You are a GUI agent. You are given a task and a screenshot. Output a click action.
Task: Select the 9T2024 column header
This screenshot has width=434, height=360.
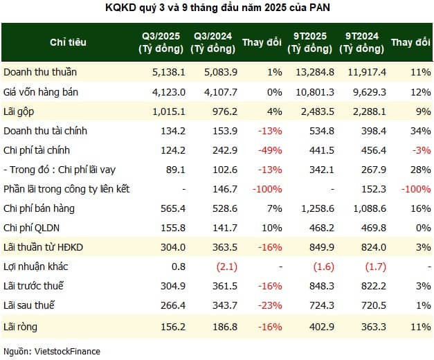click(x=364, y=42)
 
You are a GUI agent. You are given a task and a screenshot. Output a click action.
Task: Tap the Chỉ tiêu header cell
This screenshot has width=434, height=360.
click(x=69, y=42)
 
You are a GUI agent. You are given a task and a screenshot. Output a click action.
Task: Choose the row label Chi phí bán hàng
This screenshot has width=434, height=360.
click(x=39, y=208)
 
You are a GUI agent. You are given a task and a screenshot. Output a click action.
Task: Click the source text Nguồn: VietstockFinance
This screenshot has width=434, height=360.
click(x=51, y=351)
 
